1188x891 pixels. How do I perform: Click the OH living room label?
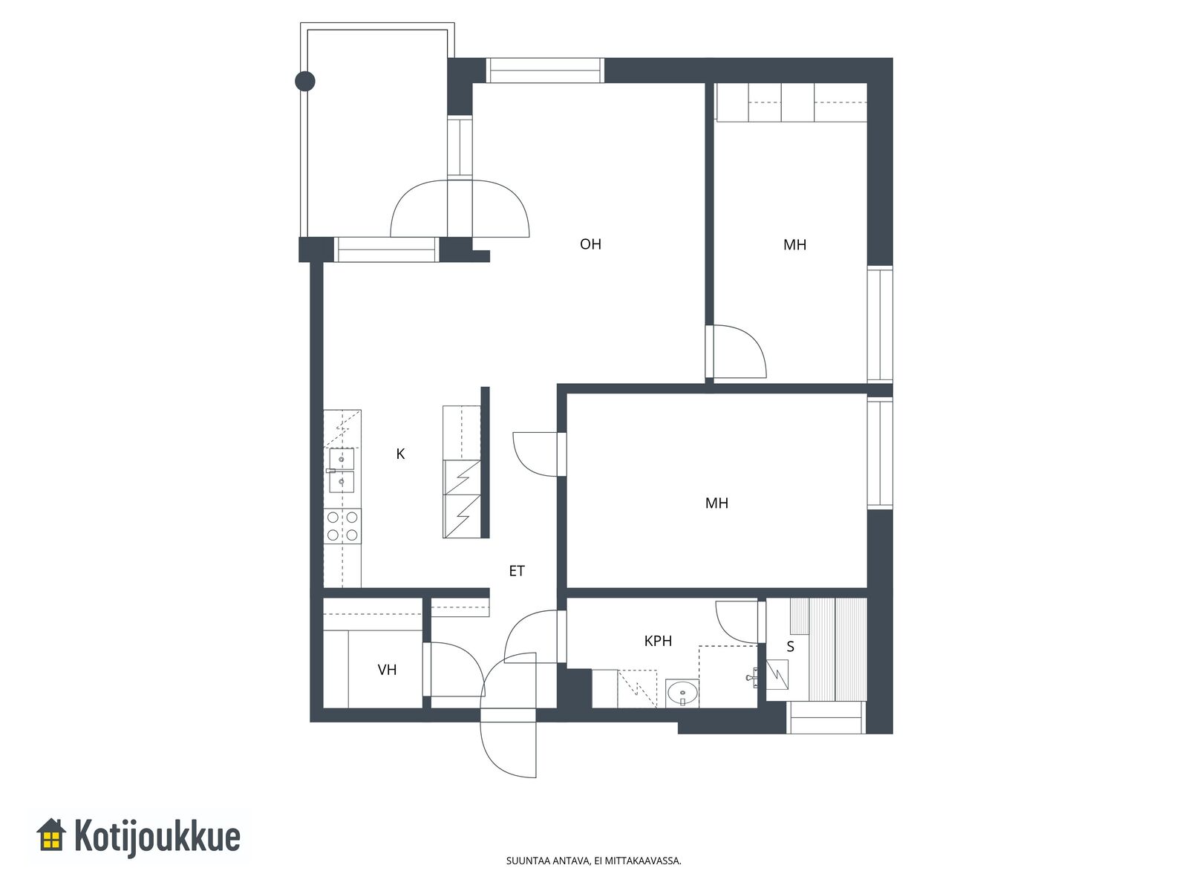click(590, 244)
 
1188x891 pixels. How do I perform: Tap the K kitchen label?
click(400, 454)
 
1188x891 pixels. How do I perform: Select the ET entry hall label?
click(516, 571)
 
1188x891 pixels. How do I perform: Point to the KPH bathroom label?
click(658, 641)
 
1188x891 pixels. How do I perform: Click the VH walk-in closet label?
click(387, 670)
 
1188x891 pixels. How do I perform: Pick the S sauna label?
click(790, 647)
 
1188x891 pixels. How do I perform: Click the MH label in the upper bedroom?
click(794, 244)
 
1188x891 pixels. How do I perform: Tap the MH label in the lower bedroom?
click(717, 503)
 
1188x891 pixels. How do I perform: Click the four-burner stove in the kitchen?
click(342, 526)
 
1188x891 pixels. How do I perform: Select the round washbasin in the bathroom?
click(682, 692)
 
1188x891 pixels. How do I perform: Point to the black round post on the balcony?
click(304, 82)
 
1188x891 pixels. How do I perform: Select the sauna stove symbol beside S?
click(777, 674)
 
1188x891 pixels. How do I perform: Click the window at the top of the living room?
click(544, 71)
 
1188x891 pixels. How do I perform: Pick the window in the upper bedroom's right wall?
click(880, 324)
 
